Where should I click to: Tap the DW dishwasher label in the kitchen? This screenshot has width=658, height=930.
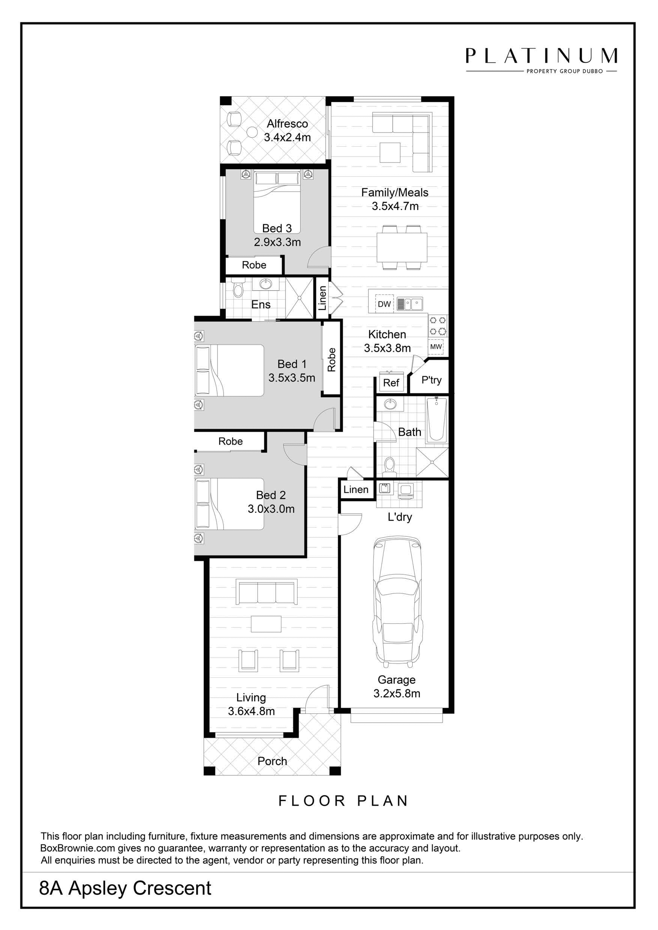click(x=384, y=304)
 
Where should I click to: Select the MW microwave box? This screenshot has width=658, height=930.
click(x=436, y=347)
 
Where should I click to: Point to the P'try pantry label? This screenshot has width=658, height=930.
click(x=431, y=380)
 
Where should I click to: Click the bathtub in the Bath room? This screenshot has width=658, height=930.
click(x=437, y=419)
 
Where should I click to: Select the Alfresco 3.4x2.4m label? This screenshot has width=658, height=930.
click(x=287, y=130)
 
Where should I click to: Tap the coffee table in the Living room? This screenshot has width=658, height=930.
click(x=266, y=624)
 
